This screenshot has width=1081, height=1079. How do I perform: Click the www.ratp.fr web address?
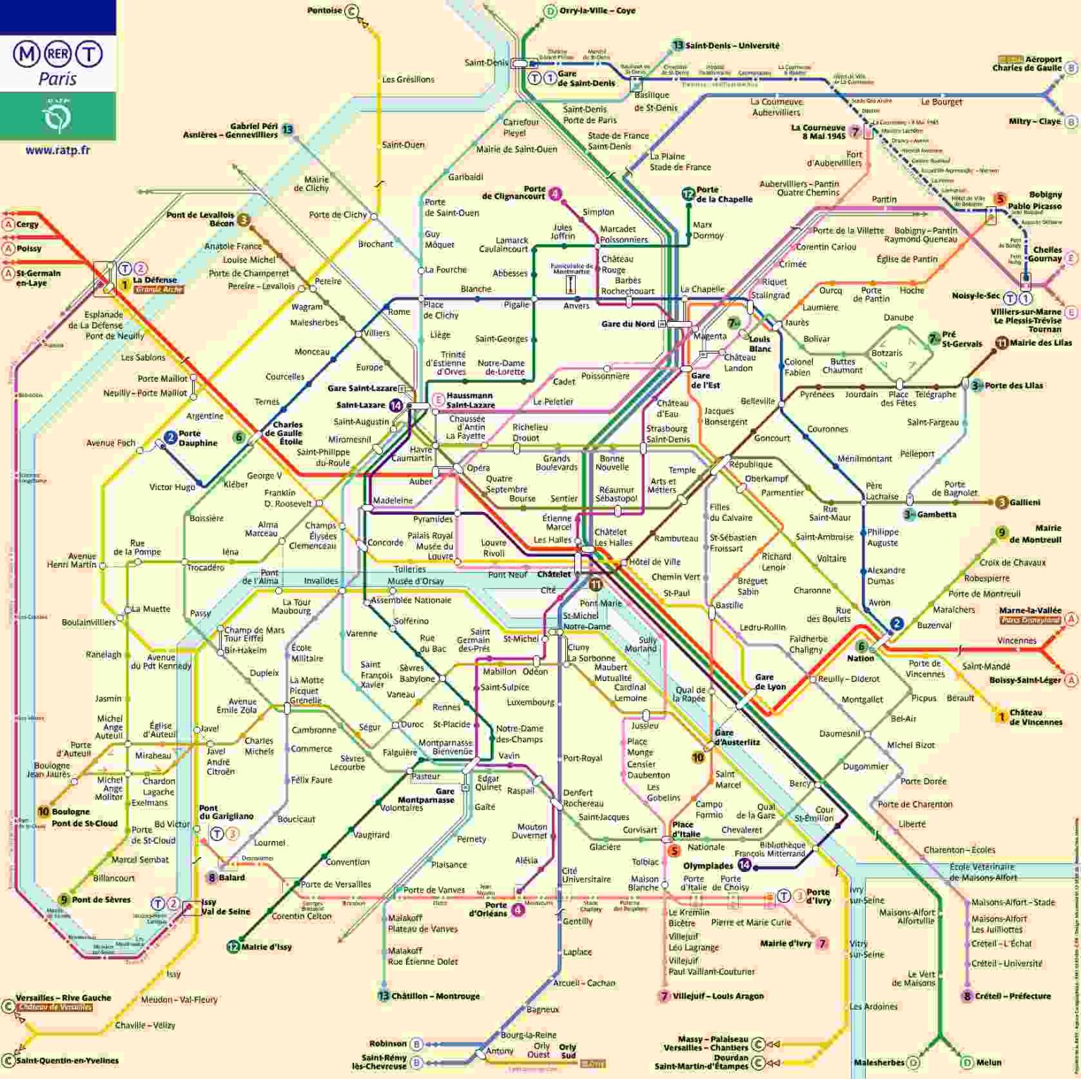point(58,150)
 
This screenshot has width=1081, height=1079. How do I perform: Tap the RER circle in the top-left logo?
point(58,54)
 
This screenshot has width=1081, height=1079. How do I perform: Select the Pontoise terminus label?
point(324,11)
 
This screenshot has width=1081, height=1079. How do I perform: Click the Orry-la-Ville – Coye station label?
point(597,11)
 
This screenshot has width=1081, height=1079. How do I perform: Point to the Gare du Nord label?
point(628,324)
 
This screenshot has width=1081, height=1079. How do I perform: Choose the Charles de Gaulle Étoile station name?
point(287,433)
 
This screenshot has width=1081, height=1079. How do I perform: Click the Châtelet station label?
point(554,574)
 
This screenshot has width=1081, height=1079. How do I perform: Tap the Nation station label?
point(860,658)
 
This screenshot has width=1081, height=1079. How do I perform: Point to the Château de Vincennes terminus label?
point(1035,717)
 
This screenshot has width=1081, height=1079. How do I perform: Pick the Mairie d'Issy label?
point(266,947)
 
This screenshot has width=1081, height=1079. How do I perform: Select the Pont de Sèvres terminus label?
point(101,899)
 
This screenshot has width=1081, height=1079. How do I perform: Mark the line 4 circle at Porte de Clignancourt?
point(555,194)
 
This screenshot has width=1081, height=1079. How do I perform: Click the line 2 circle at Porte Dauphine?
point(170,438)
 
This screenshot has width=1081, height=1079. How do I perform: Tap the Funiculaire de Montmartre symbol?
point(571,284)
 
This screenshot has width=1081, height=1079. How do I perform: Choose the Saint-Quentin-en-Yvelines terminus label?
point(68,1061)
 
